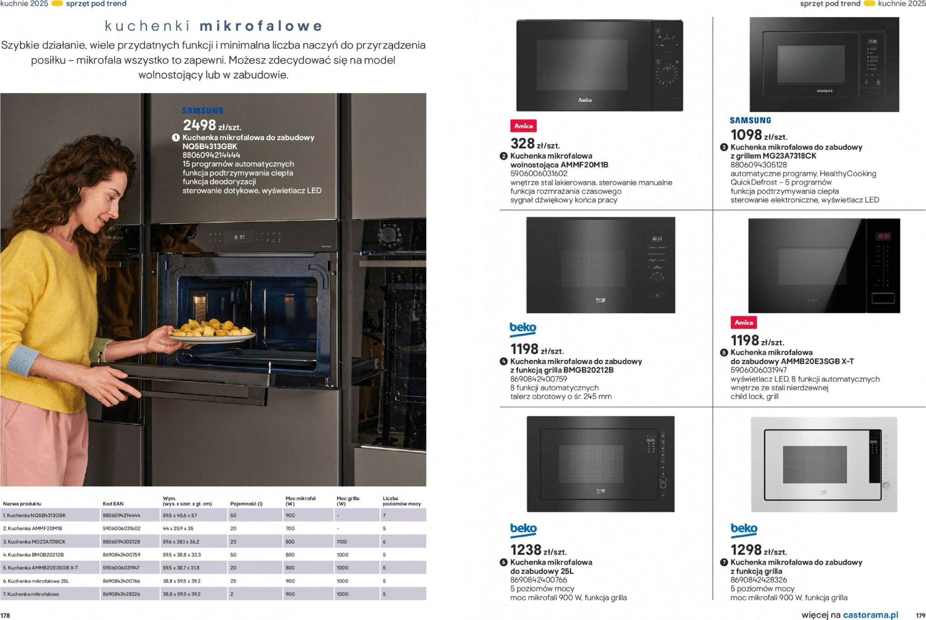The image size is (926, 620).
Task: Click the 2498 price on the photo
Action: pos(199,125)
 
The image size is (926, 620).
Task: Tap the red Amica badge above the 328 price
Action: pos(523,126)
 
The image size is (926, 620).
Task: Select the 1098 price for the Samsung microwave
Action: pos(746,135)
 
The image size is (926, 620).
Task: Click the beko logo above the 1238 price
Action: pos(523,529)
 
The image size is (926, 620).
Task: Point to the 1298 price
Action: pos(746,550)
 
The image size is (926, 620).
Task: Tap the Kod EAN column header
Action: pos(113,503)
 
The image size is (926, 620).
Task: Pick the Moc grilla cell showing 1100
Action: pos(342,541)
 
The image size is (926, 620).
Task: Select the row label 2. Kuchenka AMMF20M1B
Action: pos(33,528)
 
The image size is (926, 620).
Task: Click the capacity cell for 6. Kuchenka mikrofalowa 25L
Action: pos(233,581)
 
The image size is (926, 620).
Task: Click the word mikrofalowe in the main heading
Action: pos(261,26)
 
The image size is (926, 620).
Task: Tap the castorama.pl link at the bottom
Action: pos(870,615)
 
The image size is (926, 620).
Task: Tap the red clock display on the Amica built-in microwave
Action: pos(883,236)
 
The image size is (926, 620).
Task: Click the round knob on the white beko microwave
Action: pos(886,486)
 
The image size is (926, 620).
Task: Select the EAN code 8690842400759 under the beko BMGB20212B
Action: pos(539,379)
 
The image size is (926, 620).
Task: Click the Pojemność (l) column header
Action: pos(246,503)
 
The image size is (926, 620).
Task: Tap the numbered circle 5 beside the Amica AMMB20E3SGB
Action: pos(724,353)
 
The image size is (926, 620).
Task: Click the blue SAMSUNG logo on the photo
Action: pos(203,111)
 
